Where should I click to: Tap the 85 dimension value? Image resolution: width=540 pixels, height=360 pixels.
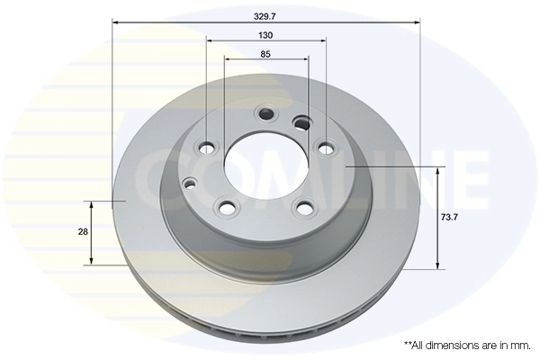coord(265,54)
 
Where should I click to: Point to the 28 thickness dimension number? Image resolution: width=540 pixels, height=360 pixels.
coord(83,232)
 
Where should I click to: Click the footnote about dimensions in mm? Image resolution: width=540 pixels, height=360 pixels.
coord(467,345)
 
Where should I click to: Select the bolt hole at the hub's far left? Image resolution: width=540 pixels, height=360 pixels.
coord(207,148)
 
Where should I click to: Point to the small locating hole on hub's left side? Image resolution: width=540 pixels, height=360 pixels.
coord(189,184)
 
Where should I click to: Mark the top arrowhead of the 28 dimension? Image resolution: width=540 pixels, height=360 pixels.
coord(91,202)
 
